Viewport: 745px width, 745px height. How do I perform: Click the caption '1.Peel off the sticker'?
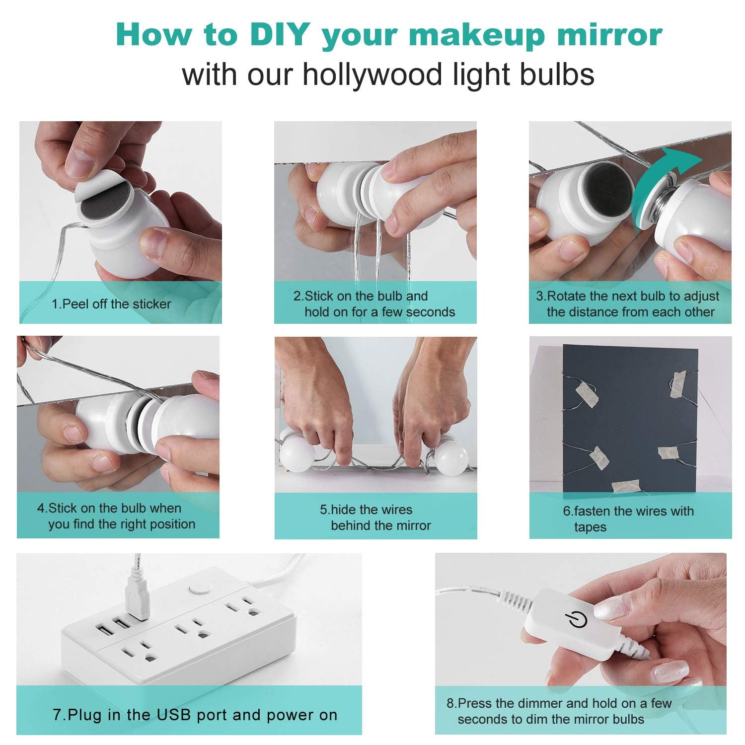click(x=111, y=304)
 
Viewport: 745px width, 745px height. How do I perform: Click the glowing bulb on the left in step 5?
click(x=297, y=457)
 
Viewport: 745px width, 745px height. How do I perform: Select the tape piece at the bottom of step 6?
click(x=625, y=486)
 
